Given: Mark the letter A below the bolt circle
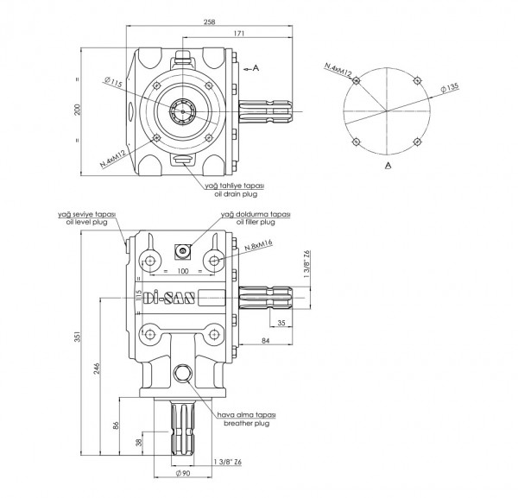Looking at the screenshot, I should tap(388, 163).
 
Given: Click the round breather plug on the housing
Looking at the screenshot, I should tap(183, 373).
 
